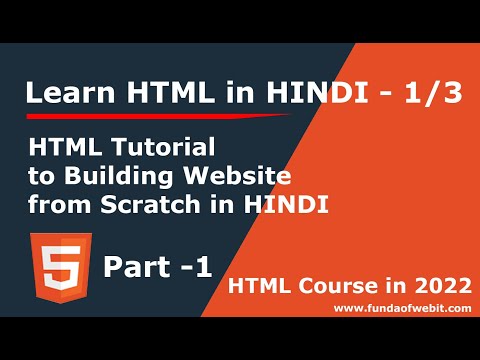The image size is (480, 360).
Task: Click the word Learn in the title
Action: pyautogui.click(x=61, y=94)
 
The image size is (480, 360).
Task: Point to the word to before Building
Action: pyautogui.click(x=41, y=178)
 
